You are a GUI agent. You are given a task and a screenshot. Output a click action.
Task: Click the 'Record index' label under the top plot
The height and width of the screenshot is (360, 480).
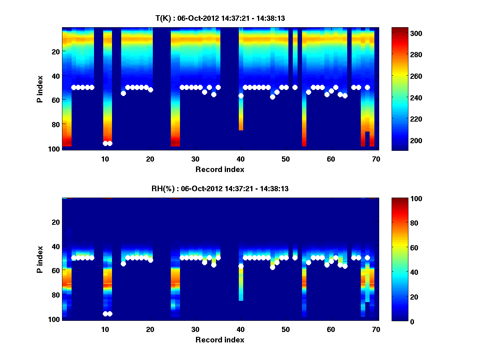pyautogui.click(x=220, y=169)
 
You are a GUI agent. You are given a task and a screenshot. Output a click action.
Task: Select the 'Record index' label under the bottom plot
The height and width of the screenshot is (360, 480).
pyautogui.click(x=220, y=340)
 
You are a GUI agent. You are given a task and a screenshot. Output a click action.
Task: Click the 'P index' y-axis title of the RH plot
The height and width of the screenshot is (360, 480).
pyautogui.click(x=40, y=260)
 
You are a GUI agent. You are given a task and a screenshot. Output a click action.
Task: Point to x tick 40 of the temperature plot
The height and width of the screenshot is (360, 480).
pyautogui.click(x=240, y=158)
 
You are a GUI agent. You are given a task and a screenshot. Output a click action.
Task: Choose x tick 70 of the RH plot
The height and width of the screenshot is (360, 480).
pyautogui.click(x=376, y=329)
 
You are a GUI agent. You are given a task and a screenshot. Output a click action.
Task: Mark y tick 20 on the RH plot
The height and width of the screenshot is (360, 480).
pyautogui.click(x=56, y=222)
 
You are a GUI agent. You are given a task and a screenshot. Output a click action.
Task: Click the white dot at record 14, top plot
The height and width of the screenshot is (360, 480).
pyautogui.click(x=123, y=93)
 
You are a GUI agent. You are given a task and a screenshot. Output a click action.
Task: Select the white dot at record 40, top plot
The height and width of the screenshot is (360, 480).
pyautogui.click(x=241, y=96)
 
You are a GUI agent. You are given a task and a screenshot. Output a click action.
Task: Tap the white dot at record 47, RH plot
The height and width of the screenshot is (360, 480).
pyautogui.click(x=272, y=267)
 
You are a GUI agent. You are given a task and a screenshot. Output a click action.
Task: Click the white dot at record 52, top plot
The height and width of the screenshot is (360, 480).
pyautogui.click(x=295, y=87)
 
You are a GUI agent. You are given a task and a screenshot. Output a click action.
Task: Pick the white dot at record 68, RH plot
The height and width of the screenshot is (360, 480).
pyautogui.click(x=367, y=258)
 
